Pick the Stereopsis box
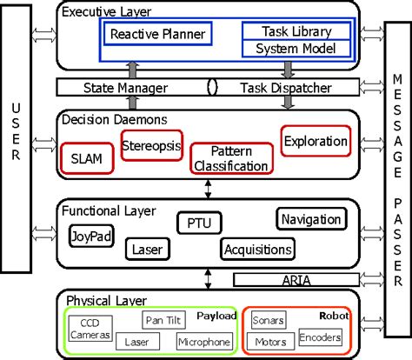coord(149,143)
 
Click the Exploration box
coord(316,139)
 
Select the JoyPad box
coord(90,236)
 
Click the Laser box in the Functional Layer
coord(143,250)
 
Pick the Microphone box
coord(204,342)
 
